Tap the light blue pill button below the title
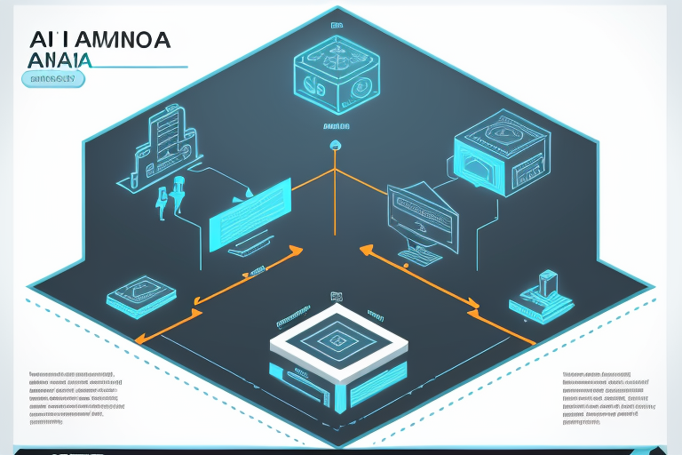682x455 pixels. point(52,79)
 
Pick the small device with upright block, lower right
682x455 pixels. point(541,299)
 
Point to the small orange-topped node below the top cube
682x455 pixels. point(335,144)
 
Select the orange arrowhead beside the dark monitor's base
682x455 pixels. point(366,251)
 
